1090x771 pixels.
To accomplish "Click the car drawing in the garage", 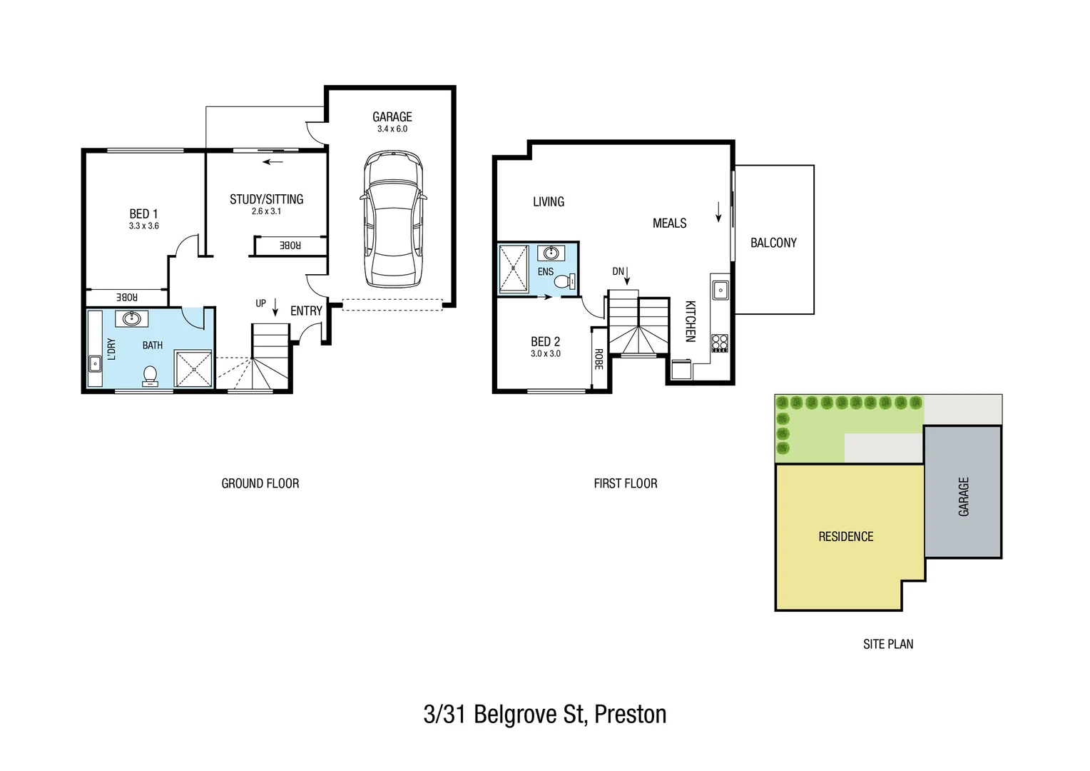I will pyautogui.click(x=392, y=219).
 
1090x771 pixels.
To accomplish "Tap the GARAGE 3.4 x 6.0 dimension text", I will pyautogui.click(x=392, y=129).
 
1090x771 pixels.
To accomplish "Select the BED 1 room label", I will pyautogui.click(x=143, y=213).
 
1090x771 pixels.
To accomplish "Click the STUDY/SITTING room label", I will pyautogui.click(x=266, y=199).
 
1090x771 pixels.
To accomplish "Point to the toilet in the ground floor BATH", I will pyautogui.click(x=150, y=375).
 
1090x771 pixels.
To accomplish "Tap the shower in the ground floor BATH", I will pyautogui.click(x=193, y=368).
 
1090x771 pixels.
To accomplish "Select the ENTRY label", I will pyautogui.click(x=306, y=311).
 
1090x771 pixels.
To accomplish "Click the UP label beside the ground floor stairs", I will pyautogui.click(x=260, y=303).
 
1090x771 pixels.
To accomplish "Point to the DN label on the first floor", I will pyautogui.click(x=618, y=271).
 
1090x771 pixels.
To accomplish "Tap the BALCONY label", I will pyautogui.click(x=773, y=243).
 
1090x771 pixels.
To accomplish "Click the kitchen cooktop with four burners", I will pyautogui.click(x=719, y=343).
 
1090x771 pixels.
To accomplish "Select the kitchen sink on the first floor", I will pyautogui.click(x=720, y=289).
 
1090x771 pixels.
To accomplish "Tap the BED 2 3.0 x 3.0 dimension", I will pyautogui.click(x=545, y=354).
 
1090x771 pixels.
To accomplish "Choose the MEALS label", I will pyautogui.click(x=669, y=223).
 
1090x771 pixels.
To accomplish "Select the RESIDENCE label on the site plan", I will pyautogui.click(x=845, y=536).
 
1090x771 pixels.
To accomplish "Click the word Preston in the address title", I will pyautogui.click(x=630, y=714).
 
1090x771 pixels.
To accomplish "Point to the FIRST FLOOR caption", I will pyautogui.click(x=625, y=483).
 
